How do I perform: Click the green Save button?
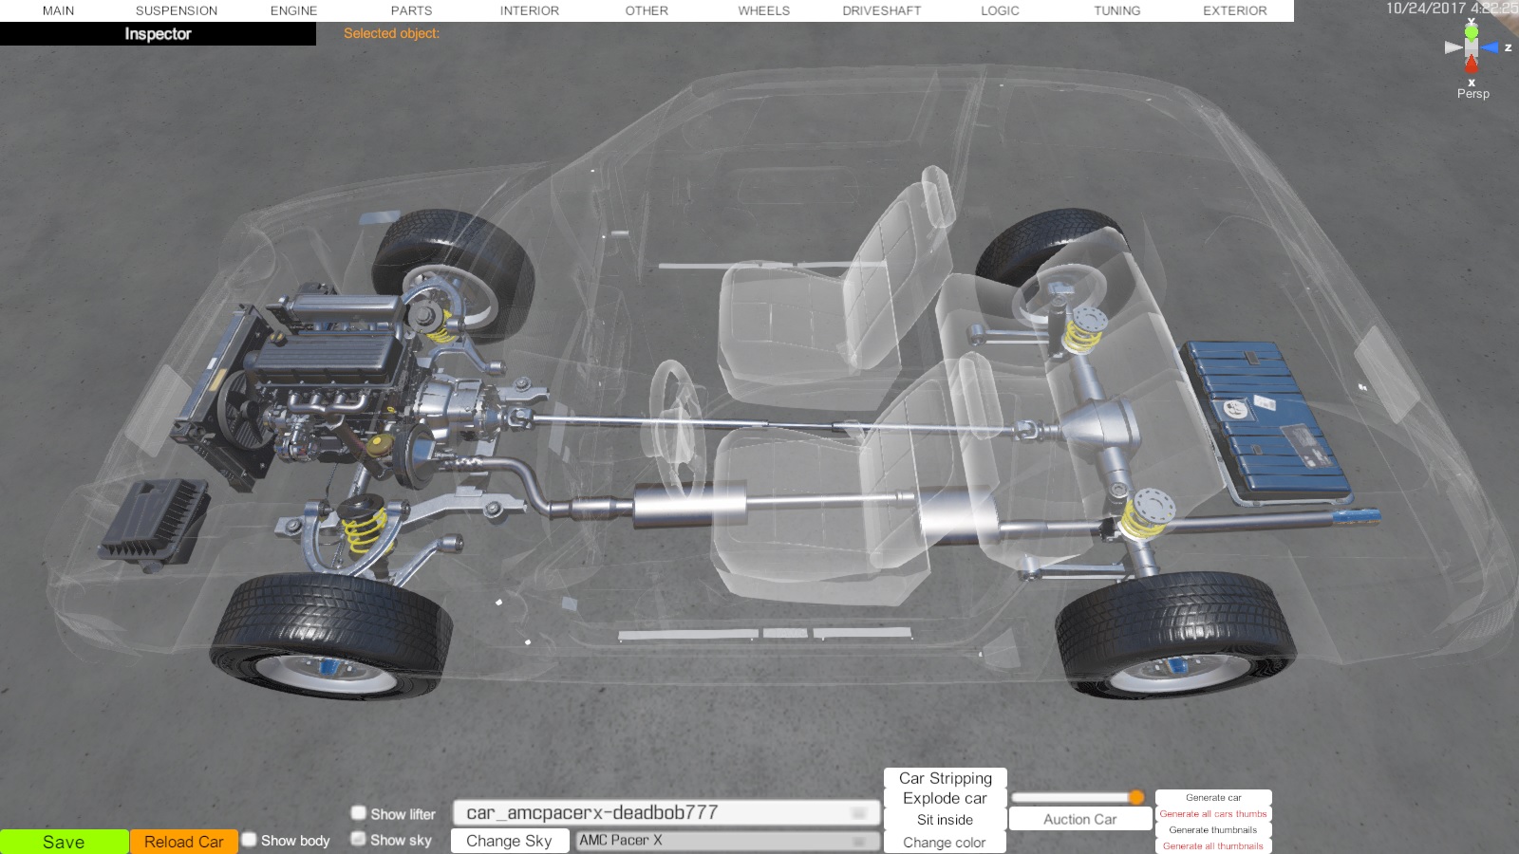(64, 842)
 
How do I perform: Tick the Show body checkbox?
(250, 840)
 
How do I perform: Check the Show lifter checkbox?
(359, 812)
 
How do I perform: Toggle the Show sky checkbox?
(358, 839)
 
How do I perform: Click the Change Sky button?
(509, 841)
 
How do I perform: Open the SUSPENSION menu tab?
(177, 10)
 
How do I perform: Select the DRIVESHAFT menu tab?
(882, 10)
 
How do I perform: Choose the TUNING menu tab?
(1116, 10)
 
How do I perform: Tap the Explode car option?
(945, 798)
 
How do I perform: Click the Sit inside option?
(945, 820)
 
